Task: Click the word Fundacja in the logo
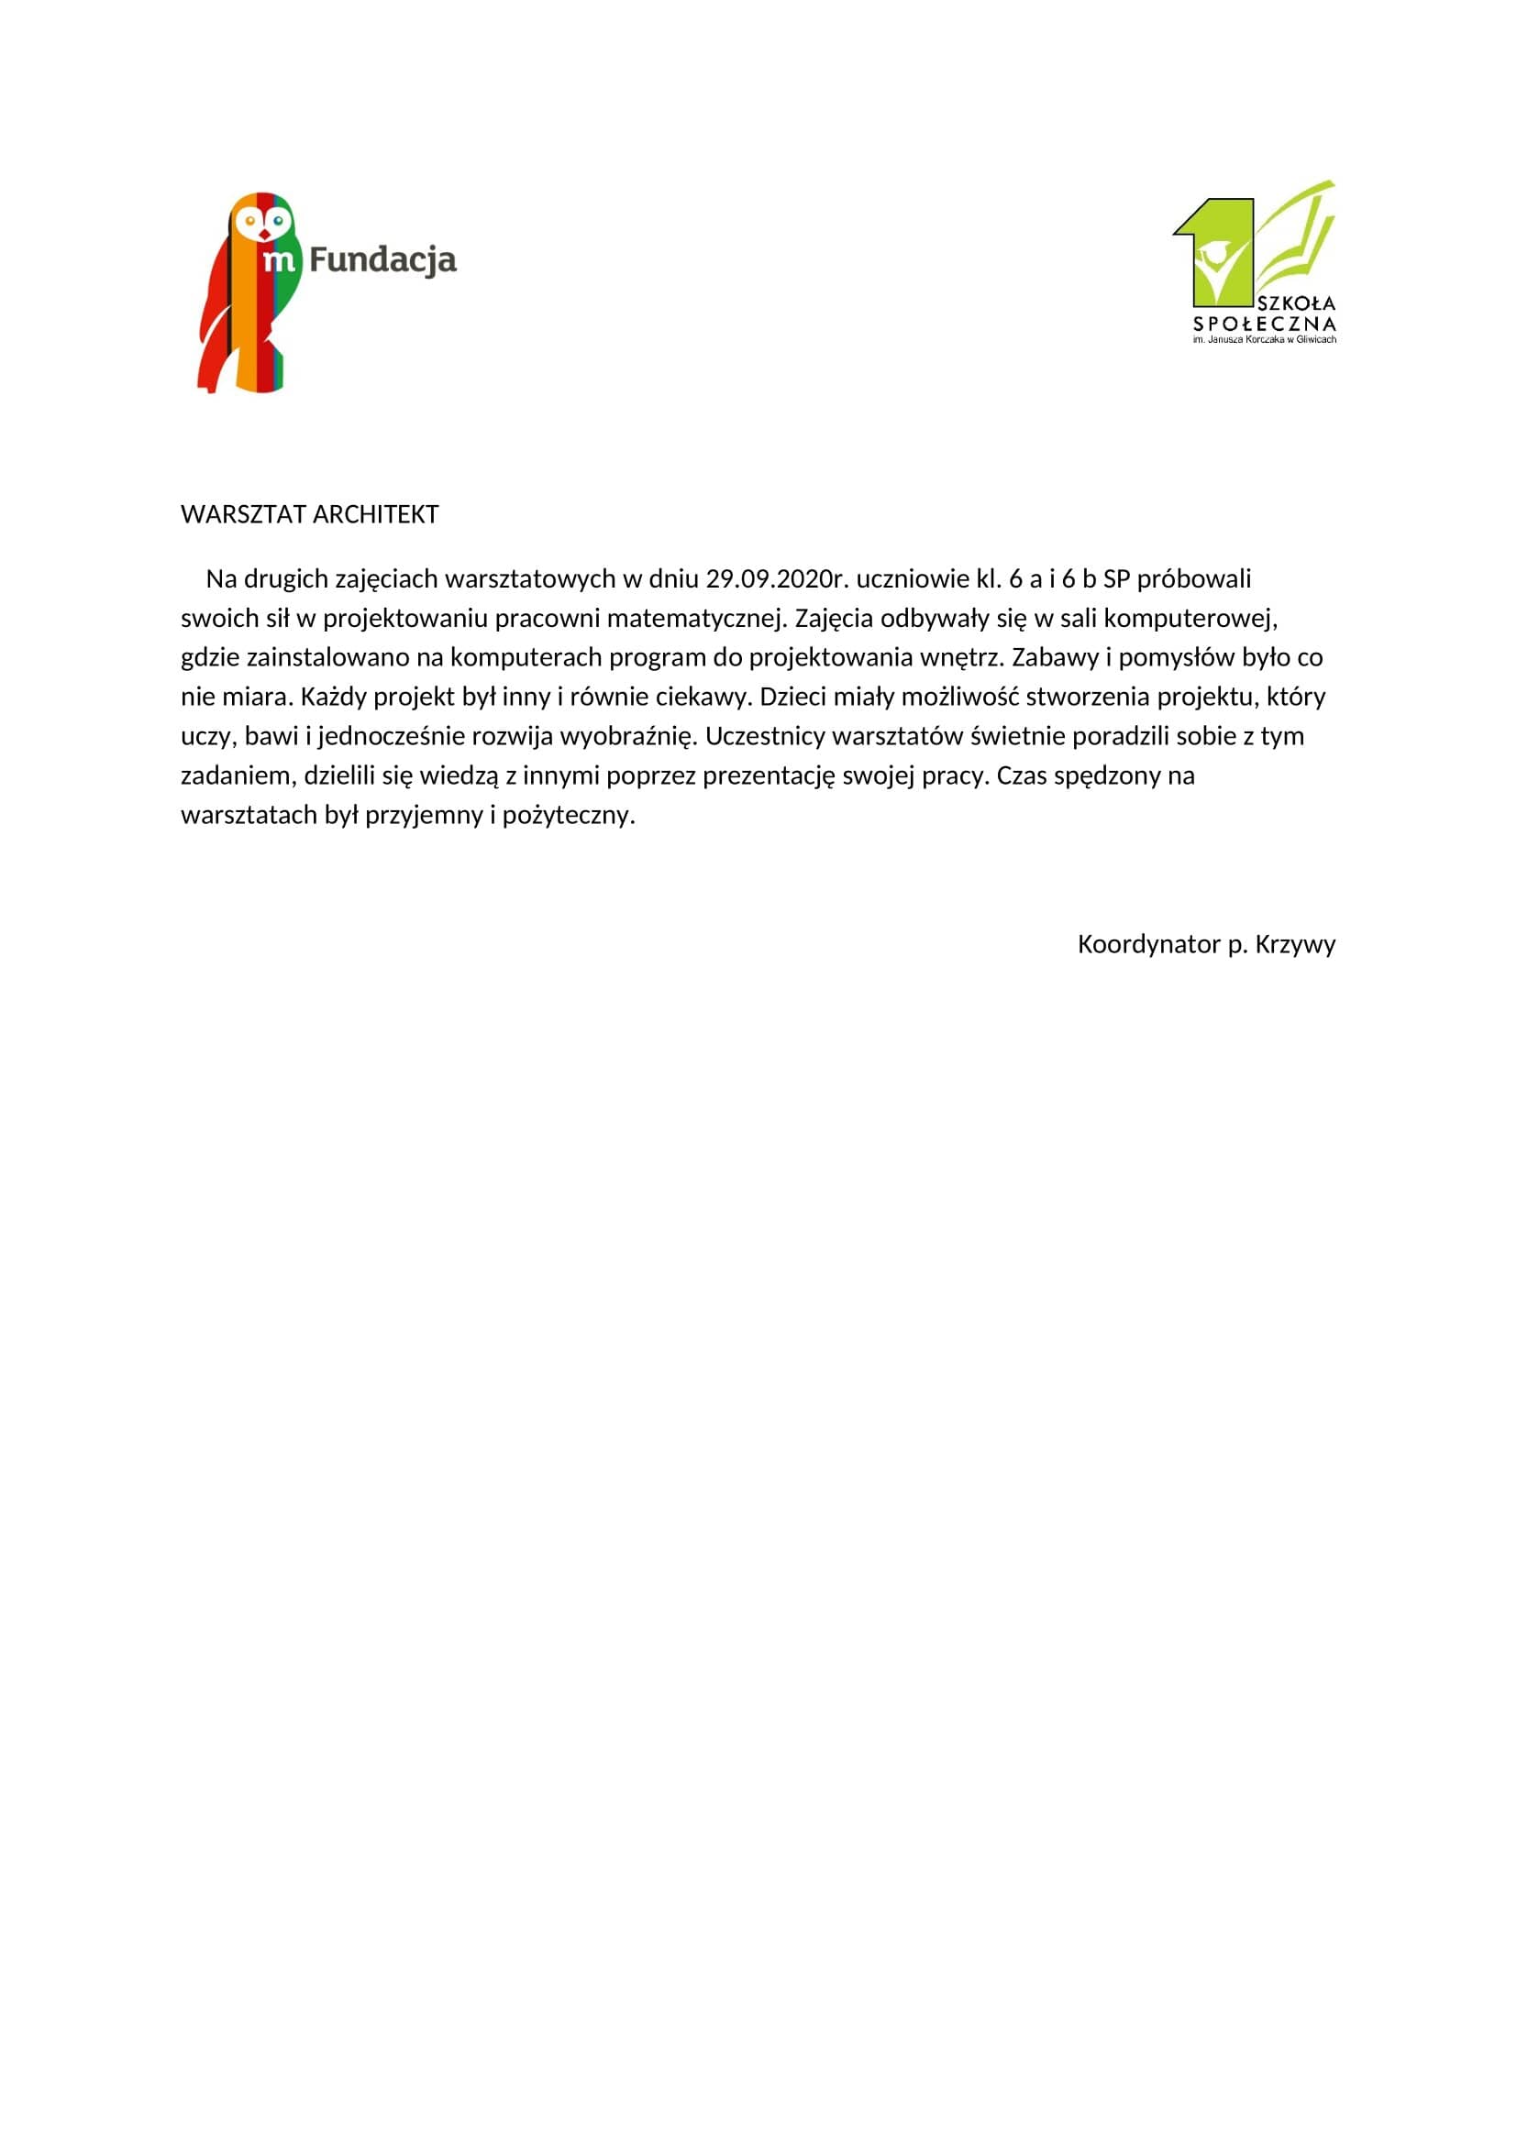pos(382,260)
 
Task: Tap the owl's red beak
pos(264,234)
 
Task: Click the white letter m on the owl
pos(279,259)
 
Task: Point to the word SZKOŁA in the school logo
pos(1297,303)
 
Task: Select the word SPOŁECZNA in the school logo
pos(1265,324)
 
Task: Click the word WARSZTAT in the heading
pos(243,514)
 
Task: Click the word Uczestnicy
pos(764,737)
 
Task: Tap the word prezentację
pos(769,776)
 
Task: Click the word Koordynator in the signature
pos(1148,944)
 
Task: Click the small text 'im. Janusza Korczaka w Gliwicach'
pos(1265,340)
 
